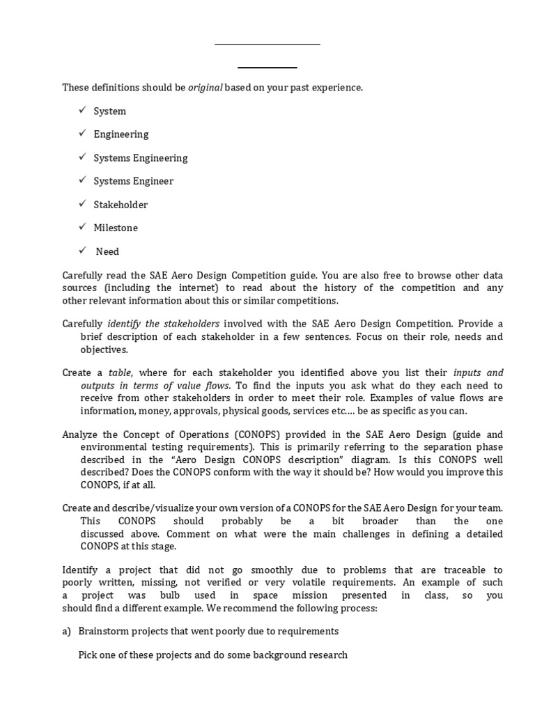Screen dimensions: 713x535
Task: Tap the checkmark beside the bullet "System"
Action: [82, 111]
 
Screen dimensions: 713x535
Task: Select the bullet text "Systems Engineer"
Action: [134, 181]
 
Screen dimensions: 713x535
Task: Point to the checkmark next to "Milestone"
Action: [82, 227]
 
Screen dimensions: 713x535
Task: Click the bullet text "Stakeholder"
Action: [121, 205]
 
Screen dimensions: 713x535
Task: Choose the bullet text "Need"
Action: [107, 251]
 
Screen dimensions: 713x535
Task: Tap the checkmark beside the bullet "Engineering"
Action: [82, 134]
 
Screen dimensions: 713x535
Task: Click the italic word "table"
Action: [121, 373]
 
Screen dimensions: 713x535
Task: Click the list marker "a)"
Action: [67, 631]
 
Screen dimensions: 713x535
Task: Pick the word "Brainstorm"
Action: [104, 631]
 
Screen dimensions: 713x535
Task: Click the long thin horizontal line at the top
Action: [267, 45]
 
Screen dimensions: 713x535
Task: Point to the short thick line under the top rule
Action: [267, 68]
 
